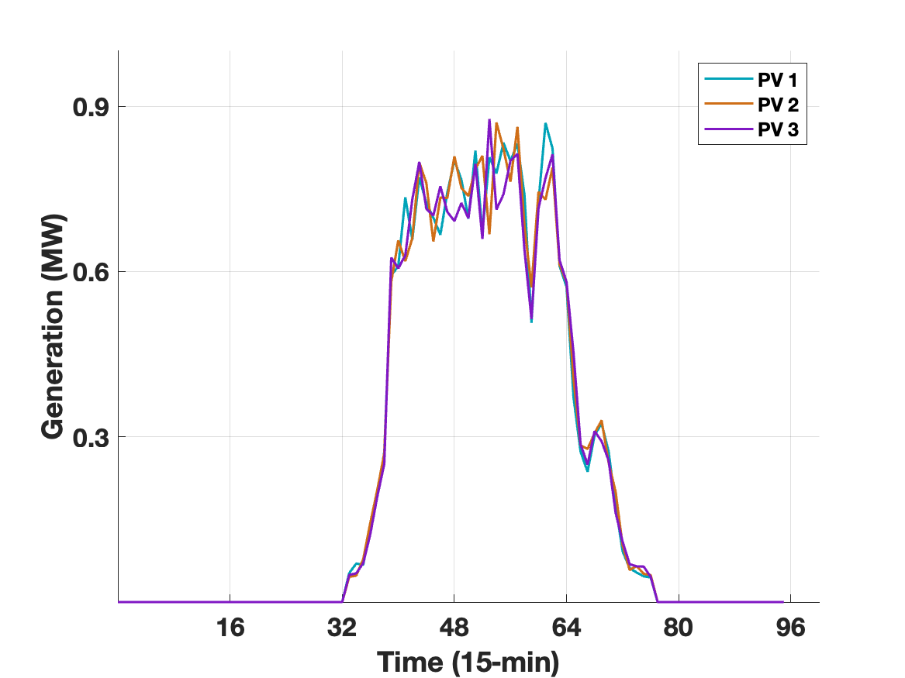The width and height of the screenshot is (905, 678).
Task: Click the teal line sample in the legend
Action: click(x=728, y=78)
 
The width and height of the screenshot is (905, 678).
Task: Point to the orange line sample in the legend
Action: click(x=728, y=105)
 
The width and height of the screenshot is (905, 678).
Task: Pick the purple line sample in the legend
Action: click(x=728, y=131)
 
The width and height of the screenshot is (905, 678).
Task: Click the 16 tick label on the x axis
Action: click(x=230, y=628)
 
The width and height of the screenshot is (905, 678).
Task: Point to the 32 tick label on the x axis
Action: click(x=342, y=628)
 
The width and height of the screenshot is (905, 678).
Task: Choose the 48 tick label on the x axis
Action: click(x=454, y=628)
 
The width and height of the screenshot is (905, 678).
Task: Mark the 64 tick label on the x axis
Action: click(x=567, y=628)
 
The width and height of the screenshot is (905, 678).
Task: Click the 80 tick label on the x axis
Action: click(x=679, y=628)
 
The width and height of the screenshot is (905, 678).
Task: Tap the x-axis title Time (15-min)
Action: click(x=468, y=663)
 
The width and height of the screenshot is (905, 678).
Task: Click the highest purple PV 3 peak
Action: click(x=489, y=120)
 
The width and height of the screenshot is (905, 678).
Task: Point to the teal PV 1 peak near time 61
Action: click(x=545, y=123)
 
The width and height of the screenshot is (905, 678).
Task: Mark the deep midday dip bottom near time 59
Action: click(x=531, y=320)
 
